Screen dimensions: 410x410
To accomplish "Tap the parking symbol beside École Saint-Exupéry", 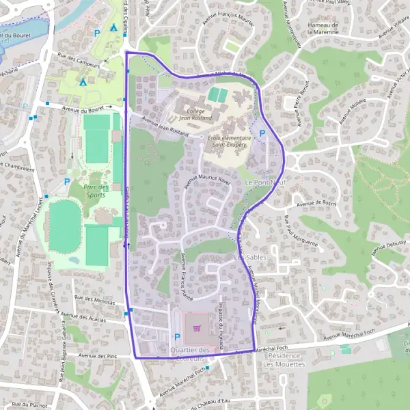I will click(262, 134).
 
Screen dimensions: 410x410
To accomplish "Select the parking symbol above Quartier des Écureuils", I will click(178, 336).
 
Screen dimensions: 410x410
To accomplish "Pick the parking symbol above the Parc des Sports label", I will click(67, 182).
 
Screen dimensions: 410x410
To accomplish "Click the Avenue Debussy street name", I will click(389, 247).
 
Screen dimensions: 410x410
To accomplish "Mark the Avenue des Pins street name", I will click(94, 356).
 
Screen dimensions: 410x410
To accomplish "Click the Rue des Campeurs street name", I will click(79, 60).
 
